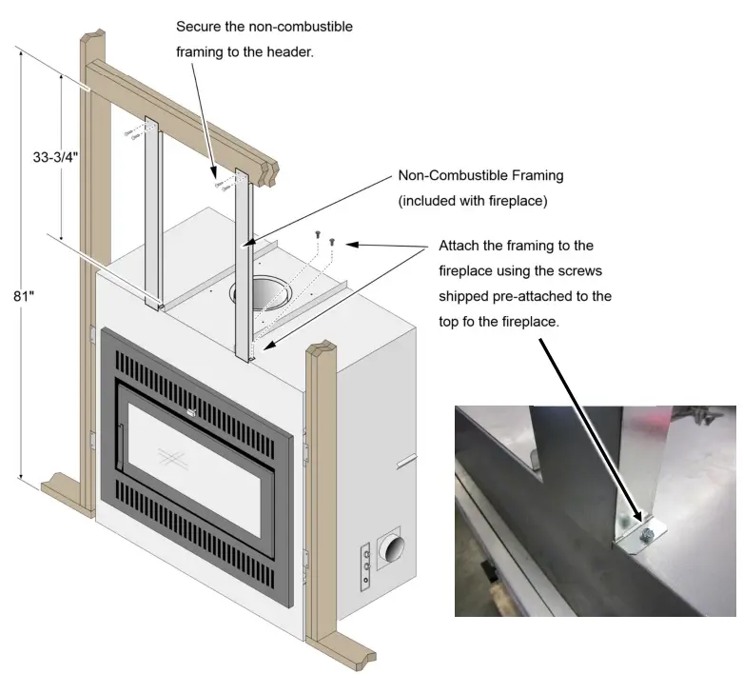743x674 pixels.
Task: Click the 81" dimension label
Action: [x=24, y=296]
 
